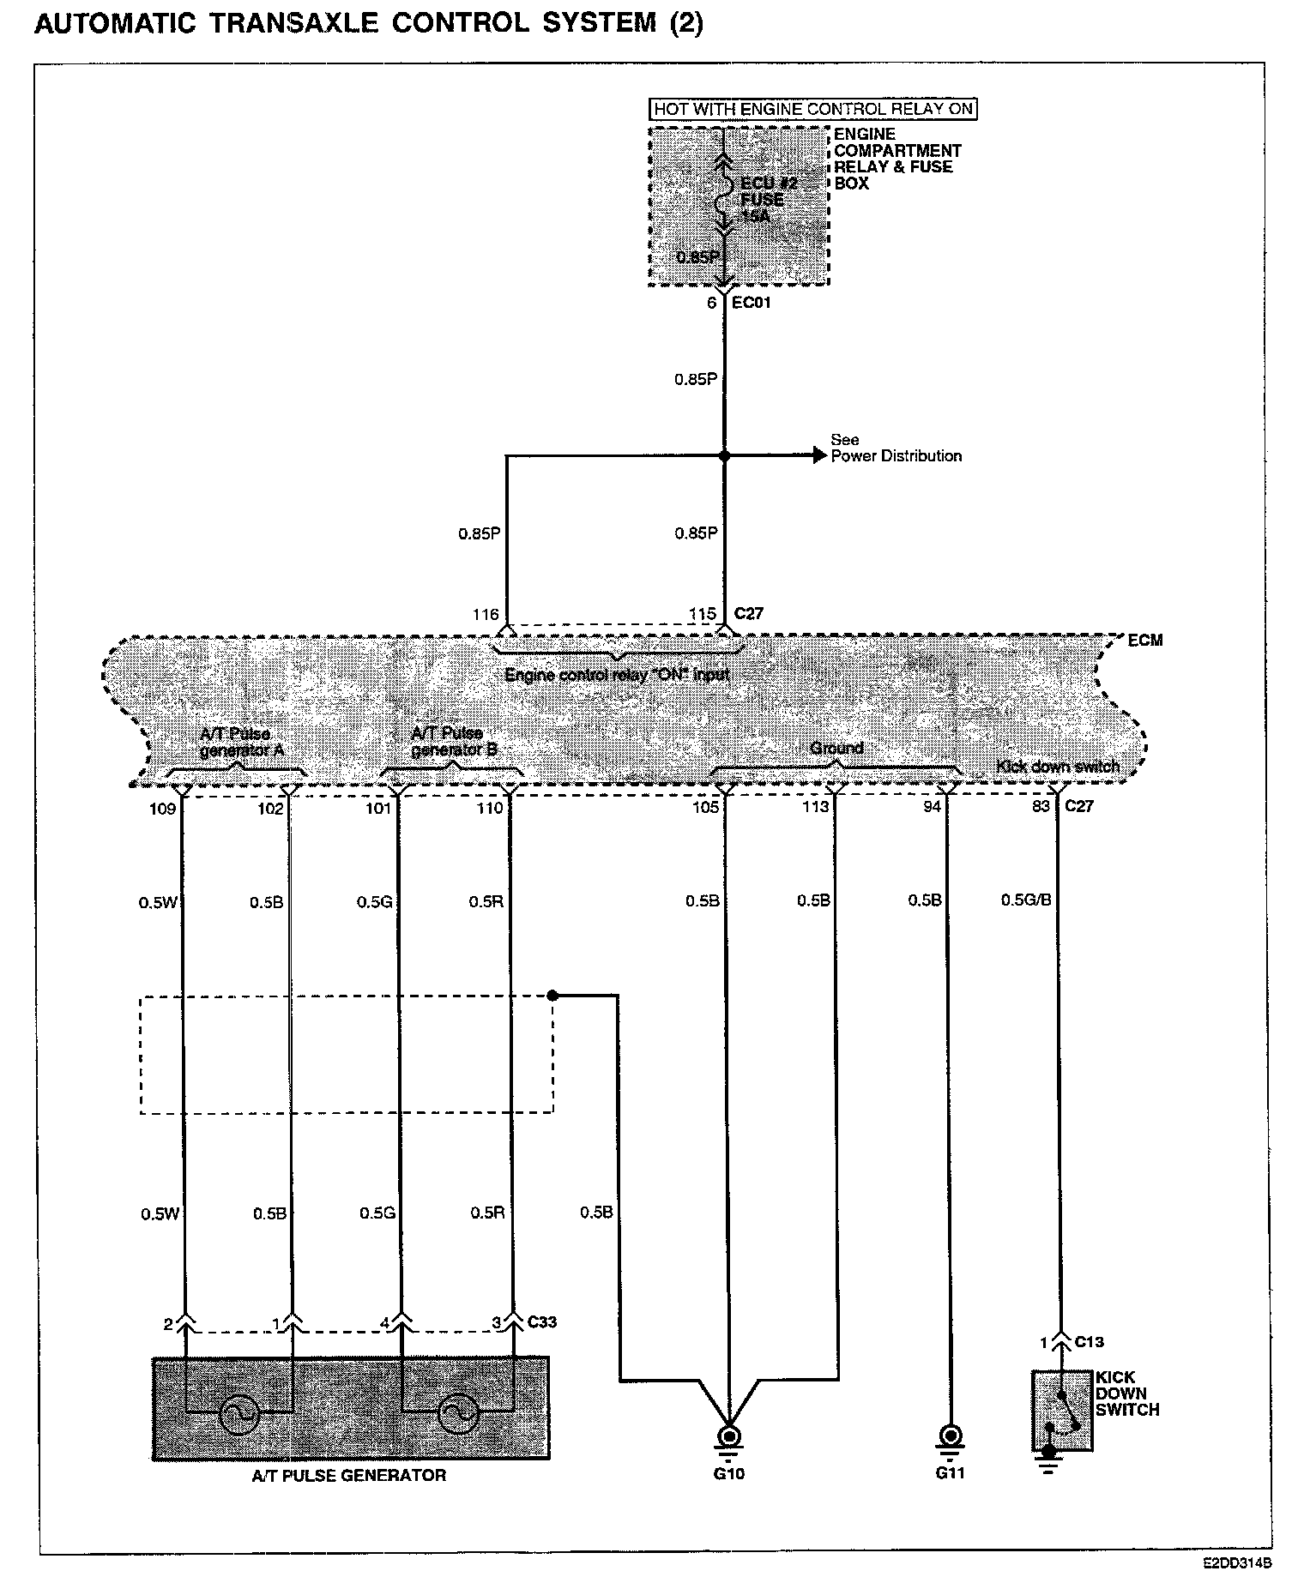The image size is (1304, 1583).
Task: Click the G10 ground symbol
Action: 728,1435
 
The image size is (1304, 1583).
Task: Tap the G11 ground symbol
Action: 949,1435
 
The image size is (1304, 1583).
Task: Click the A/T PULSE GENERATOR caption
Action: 349,1476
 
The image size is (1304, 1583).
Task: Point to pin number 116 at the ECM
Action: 486,614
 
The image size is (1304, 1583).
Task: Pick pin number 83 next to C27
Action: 1041,806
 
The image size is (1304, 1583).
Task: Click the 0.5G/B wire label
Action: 1026,900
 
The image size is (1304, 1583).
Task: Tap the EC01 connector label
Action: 752,303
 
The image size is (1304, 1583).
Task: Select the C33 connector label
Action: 542,1321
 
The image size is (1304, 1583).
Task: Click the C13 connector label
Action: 1089,1342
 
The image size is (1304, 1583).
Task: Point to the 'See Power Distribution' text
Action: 896,448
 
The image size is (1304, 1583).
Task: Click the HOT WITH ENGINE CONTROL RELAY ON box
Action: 813,109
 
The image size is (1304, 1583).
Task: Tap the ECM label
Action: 1145,641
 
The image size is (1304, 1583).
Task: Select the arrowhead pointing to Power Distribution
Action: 818,456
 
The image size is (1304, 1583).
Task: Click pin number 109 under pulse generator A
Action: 163,808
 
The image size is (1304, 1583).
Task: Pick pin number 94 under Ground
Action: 932,806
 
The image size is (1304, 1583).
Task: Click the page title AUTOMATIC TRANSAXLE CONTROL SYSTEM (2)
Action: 369,23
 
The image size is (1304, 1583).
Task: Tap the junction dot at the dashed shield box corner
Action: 552,996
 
